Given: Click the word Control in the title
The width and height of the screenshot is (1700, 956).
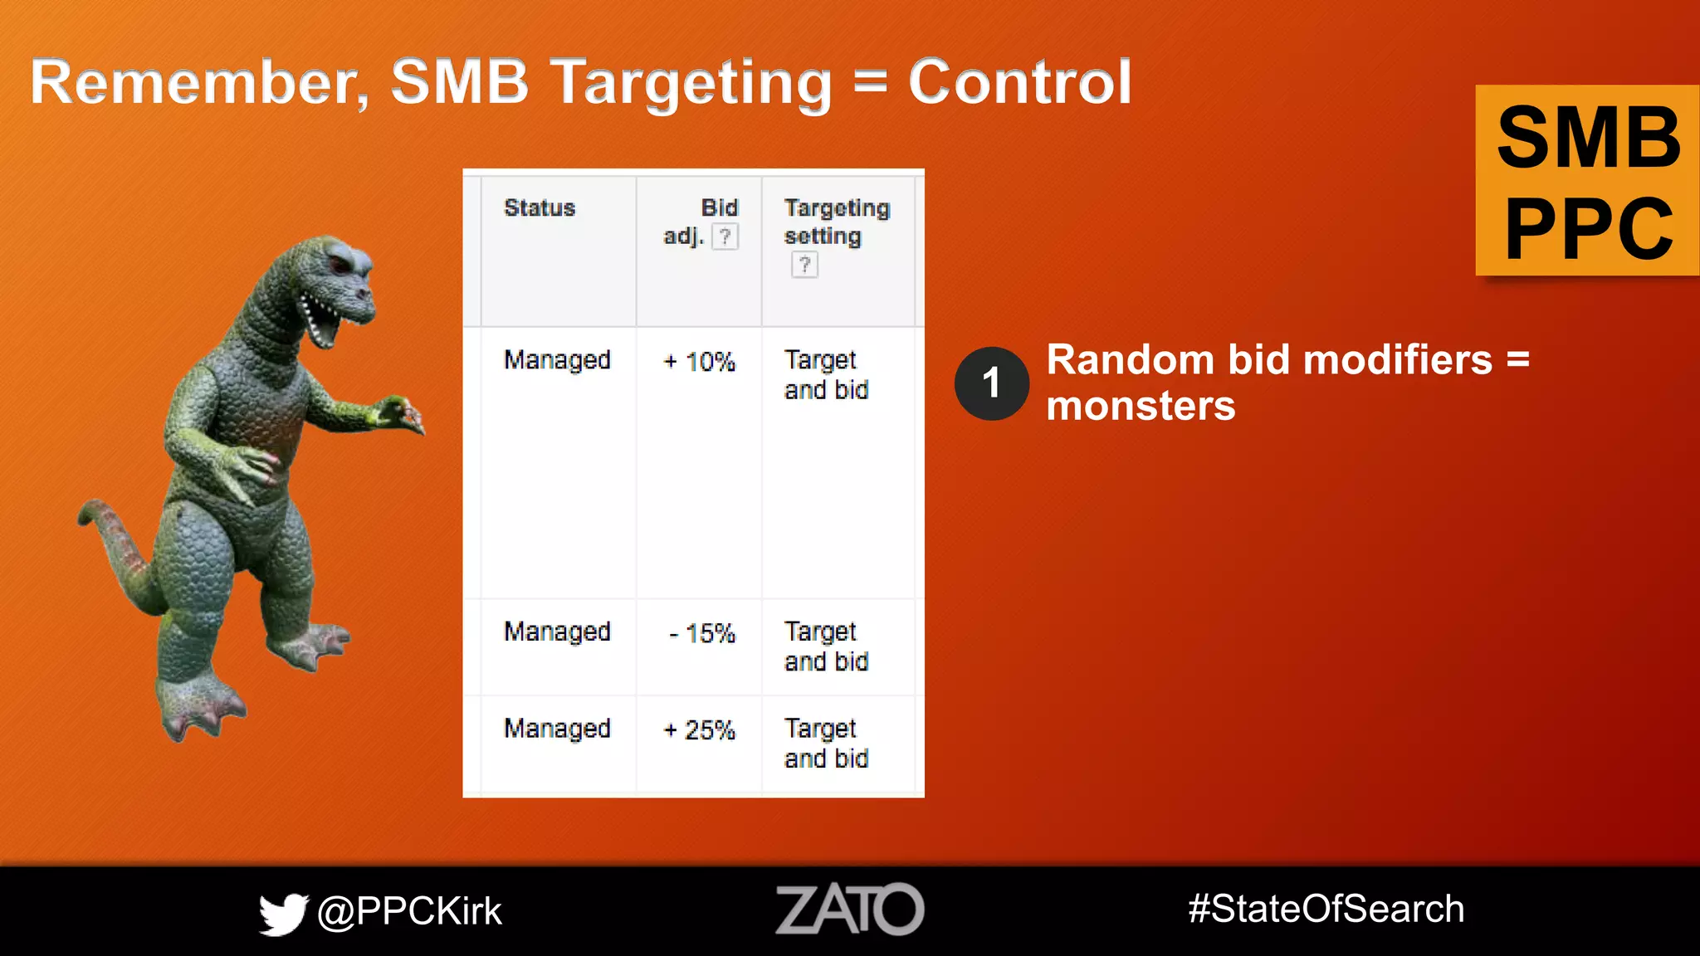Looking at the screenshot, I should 1019,83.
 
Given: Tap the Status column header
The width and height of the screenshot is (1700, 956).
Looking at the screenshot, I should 540,207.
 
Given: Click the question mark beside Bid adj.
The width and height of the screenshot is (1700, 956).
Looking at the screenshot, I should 725,237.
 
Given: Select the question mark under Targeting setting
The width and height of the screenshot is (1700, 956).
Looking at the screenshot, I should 804,266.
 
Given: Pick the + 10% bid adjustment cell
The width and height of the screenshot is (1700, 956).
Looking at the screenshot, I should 700,362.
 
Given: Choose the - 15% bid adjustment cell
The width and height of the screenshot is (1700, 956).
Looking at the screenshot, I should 702,634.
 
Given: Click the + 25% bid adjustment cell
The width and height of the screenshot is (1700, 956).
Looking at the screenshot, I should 700,730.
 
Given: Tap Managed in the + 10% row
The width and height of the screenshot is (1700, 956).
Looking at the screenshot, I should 557,360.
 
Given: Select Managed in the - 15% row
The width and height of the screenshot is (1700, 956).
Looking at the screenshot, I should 557,632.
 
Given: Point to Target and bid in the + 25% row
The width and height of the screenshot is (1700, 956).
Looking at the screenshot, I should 826,744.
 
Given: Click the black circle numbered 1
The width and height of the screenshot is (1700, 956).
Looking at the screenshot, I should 991,383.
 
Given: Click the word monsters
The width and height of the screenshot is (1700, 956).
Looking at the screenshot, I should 1141,407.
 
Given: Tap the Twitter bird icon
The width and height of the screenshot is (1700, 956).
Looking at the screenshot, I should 283,913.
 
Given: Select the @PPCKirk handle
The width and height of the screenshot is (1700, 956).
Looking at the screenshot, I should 409,911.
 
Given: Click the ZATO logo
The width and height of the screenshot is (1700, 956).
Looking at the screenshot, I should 849,909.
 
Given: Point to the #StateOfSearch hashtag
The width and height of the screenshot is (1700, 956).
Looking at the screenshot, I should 1326,909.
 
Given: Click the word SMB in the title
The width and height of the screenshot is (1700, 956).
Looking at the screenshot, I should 459,83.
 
